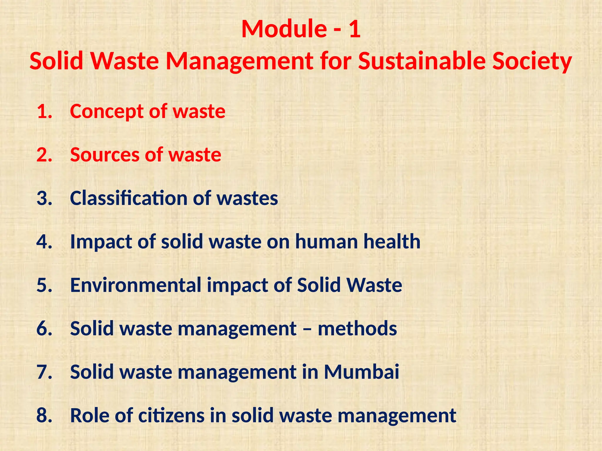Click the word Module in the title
tap(283, 29)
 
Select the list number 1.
tap(44, 111)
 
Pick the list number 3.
tap(44, 198)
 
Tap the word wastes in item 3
tap(247, 198)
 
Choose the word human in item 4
tap(327, 241)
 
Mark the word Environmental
tap(136, 285)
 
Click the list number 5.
tap(44, 285)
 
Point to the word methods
tap(357, 328)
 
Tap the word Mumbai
tap(362, 372)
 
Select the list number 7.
tap(44, 372)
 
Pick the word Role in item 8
tap(89, 415)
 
